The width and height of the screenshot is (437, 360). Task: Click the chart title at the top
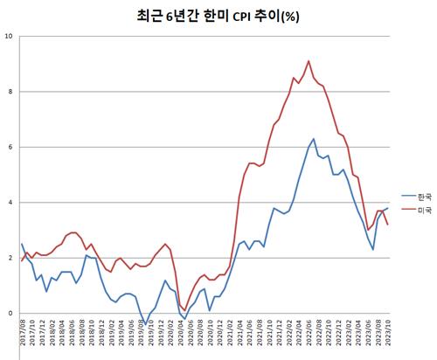[218, 15]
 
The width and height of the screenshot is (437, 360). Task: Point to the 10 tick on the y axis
[8, 36]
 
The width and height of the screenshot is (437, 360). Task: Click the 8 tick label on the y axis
[10, 92]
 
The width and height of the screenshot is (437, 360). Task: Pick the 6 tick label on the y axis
[10, 147]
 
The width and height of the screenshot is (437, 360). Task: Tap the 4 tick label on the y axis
[10, 203]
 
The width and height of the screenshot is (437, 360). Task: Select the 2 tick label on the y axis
[10, 258]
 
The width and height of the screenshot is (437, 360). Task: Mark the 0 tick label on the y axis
[10, 313]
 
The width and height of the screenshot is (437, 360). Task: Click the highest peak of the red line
[309, 61]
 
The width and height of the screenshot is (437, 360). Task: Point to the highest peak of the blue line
[314, 138]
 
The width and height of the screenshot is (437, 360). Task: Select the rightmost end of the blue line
[388, 208]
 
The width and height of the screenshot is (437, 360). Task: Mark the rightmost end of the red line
[388, 225]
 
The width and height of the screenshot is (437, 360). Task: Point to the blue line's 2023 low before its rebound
[373, 250]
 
